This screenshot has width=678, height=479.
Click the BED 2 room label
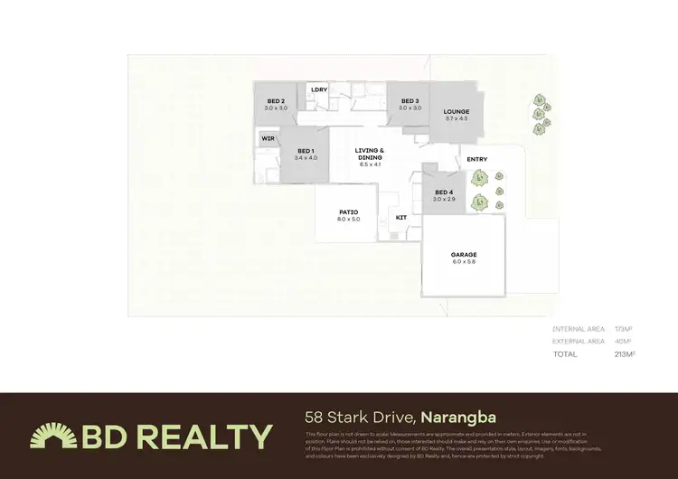click(276, 100)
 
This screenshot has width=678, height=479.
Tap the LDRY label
click(318, 89)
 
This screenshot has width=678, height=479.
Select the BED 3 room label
click(410, 100)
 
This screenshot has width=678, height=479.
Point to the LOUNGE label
click(457, 111)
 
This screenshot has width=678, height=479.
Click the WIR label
click(268, 139)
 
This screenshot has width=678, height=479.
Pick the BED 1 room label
click(306, 150)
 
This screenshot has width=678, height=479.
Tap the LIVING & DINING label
click(371, 154)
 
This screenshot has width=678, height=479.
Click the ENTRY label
click(477, 160)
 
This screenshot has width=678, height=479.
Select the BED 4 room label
click(443, 192)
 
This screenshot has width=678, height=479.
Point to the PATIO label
click(349, 212)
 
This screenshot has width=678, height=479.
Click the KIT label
click(401, 217)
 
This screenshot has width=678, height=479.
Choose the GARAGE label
click(464, 254)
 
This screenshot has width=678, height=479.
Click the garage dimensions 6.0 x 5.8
click(464, 262)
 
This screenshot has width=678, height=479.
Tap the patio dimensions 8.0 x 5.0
click(349, 220)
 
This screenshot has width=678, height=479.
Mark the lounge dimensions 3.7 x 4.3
click(457, 118)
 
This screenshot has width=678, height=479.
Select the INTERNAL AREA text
click(579, 329)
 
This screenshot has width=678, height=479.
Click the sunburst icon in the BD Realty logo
click(53, 437)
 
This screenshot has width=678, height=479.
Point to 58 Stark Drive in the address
click(359, 418)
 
